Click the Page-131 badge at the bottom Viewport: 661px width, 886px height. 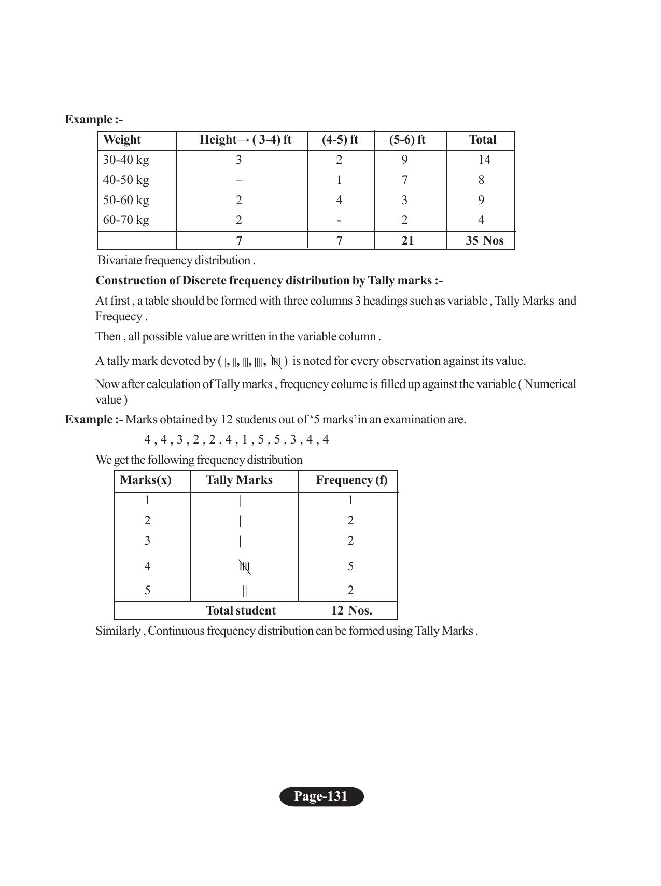click(x=321, y=796)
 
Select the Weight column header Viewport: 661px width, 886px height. click(x=122, y=140)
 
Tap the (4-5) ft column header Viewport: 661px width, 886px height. click(x=340, y=140)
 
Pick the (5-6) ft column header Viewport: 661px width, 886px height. click(x=407, y=140)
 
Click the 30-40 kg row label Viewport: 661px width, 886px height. click(x=126, y=160)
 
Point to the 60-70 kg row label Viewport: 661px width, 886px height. click(x=126, y=220)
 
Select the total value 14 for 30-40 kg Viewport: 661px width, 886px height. click(x=484, y=160)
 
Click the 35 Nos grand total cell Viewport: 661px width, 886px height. click(x=484, y=240)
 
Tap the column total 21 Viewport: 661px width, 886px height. click(x=407, y=240)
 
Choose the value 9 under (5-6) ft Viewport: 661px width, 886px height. click(x=404, y=160)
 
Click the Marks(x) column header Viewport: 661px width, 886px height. click(x=146, y=480)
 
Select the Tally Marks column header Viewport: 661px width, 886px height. click(x=239, y=480)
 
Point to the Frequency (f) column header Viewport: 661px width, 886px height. click(x=351, y=480)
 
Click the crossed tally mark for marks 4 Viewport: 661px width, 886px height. click(x=245, y=567)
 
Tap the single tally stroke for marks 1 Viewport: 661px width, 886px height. click(x=241, y=501)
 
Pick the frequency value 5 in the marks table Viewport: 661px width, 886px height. click(x=350, y=566)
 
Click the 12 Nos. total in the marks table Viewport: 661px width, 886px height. click(x=351, y=610)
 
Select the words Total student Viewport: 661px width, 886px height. click(x=241, y=610)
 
